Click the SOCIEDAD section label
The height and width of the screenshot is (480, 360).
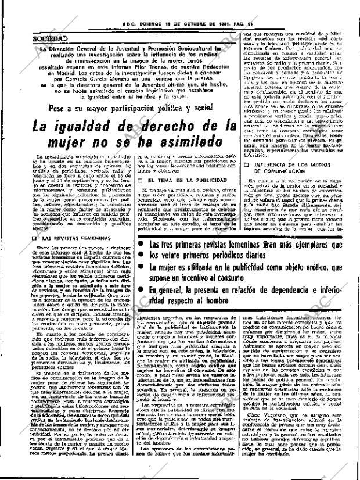51,38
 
